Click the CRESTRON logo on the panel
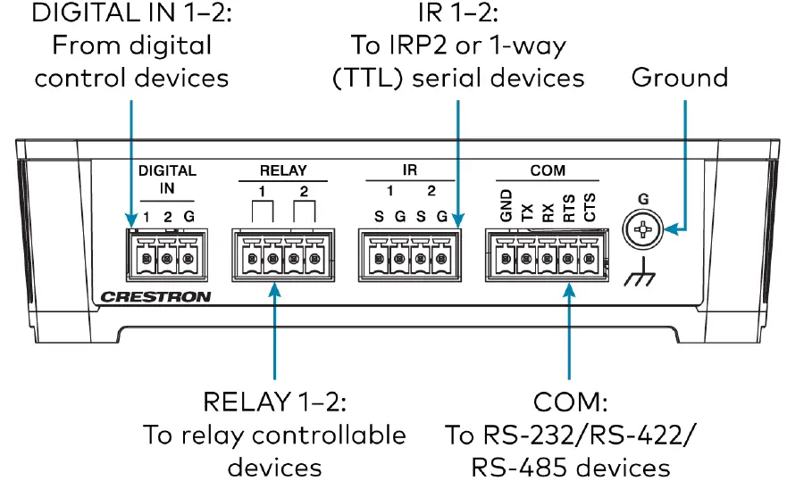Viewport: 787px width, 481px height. (x=155, y=296)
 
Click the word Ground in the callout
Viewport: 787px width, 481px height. (x=679, y=78)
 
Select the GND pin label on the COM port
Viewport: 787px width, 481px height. (x=506, y=206)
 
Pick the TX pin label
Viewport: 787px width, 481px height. (x=527, y=211)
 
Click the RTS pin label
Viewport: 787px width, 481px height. (x=568, y=207)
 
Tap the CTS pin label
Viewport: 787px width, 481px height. (x=589, y=207)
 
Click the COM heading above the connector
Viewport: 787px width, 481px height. (x=547, y=170)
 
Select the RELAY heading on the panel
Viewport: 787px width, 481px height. (x=282, y=170)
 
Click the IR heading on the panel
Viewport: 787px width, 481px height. (x=409, y=170)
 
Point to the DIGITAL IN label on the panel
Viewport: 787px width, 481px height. (x=166, y=178)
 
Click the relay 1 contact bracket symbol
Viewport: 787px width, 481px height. (x=262, y=212)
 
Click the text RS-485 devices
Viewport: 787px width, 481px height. (x=570, y=466)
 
